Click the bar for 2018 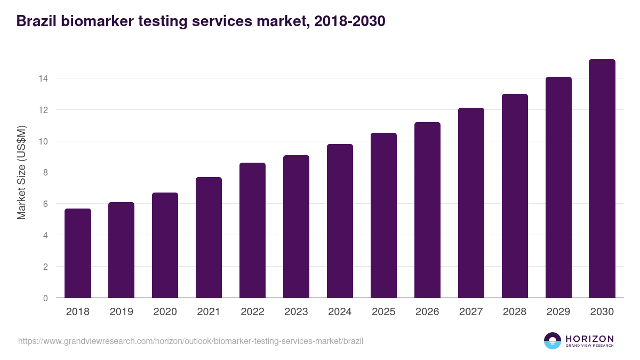click(x=78, y=253)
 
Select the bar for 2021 click(x=209, y=237)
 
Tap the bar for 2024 click(x=340, y=221)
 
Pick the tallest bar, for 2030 click(x=602, y=179)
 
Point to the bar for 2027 click(x=471, y=203)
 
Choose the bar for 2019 click(x=122, y=250)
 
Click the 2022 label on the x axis click(x=252, y=312)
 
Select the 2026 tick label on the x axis click(x=427, y=312)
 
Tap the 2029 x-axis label click(x=558, y=312)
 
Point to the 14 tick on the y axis click(x=43, y=78)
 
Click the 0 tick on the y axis click(x=45, y=298)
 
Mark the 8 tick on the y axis click(x=45, y=172)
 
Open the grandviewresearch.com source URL click(x=190, y=341)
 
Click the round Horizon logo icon click(x=553, y=341)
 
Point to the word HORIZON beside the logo click(x=589, y=338)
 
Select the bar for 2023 click(x=296, y=227)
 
